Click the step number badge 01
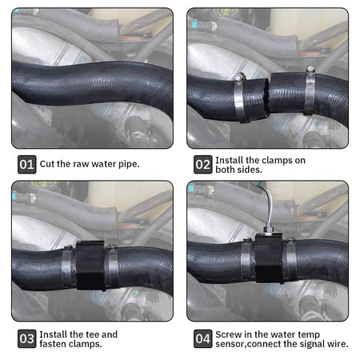[27, 164]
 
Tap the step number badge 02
[203, 164]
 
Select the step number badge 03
[27, 338]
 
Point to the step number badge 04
[203, 338]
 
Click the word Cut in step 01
[47, 164]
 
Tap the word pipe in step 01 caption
[129, 164]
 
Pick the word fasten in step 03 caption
[54, 344]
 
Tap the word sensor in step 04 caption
[230, 344]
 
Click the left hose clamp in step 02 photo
[239, 98]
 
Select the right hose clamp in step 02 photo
[310, 90]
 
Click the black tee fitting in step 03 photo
[90, 266]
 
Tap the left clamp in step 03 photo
[67, 266]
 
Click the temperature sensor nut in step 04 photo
[268, 230]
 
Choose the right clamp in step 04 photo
[290, 260]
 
